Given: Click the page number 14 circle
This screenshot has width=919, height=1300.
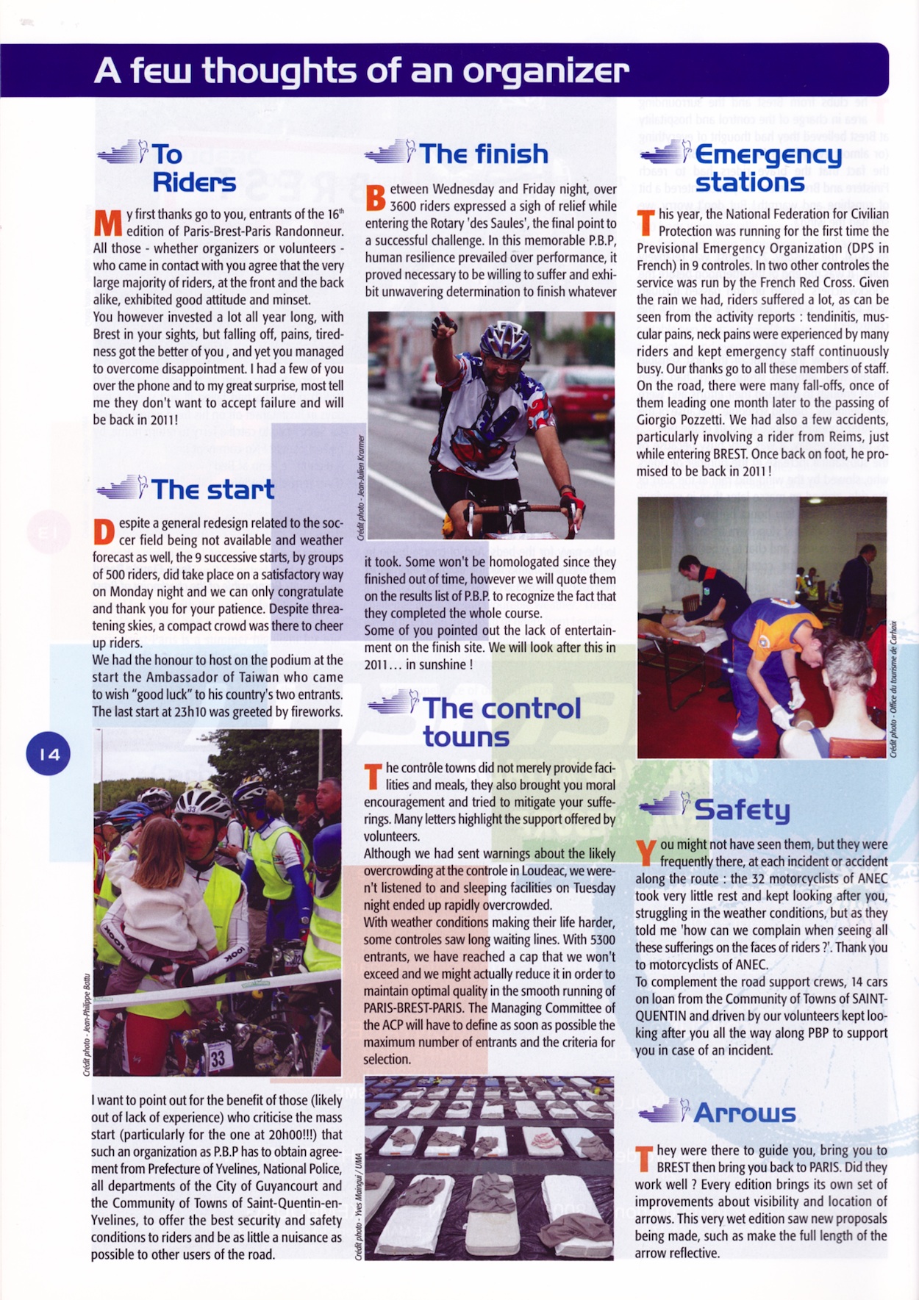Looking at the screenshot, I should click(49, 753).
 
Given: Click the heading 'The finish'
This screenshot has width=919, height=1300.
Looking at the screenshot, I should click(483, 154).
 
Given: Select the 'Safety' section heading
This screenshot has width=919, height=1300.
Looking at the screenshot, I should click(742, 809).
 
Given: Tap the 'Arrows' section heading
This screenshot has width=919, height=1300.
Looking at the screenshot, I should click(744, 1113).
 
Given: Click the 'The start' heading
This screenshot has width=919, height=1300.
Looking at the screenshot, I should click(212, 489).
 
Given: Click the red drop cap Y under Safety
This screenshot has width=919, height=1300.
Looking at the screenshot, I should click(646, 852).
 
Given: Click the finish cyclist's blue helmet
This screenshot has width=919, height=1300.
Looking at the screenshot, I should click(505, 339).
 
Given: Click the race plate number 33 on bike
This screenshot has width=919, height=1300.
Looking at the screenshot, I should click(218, 1058).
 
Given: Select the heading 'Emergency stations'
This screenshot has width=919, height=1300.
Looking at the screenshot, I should click(768, 168).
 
